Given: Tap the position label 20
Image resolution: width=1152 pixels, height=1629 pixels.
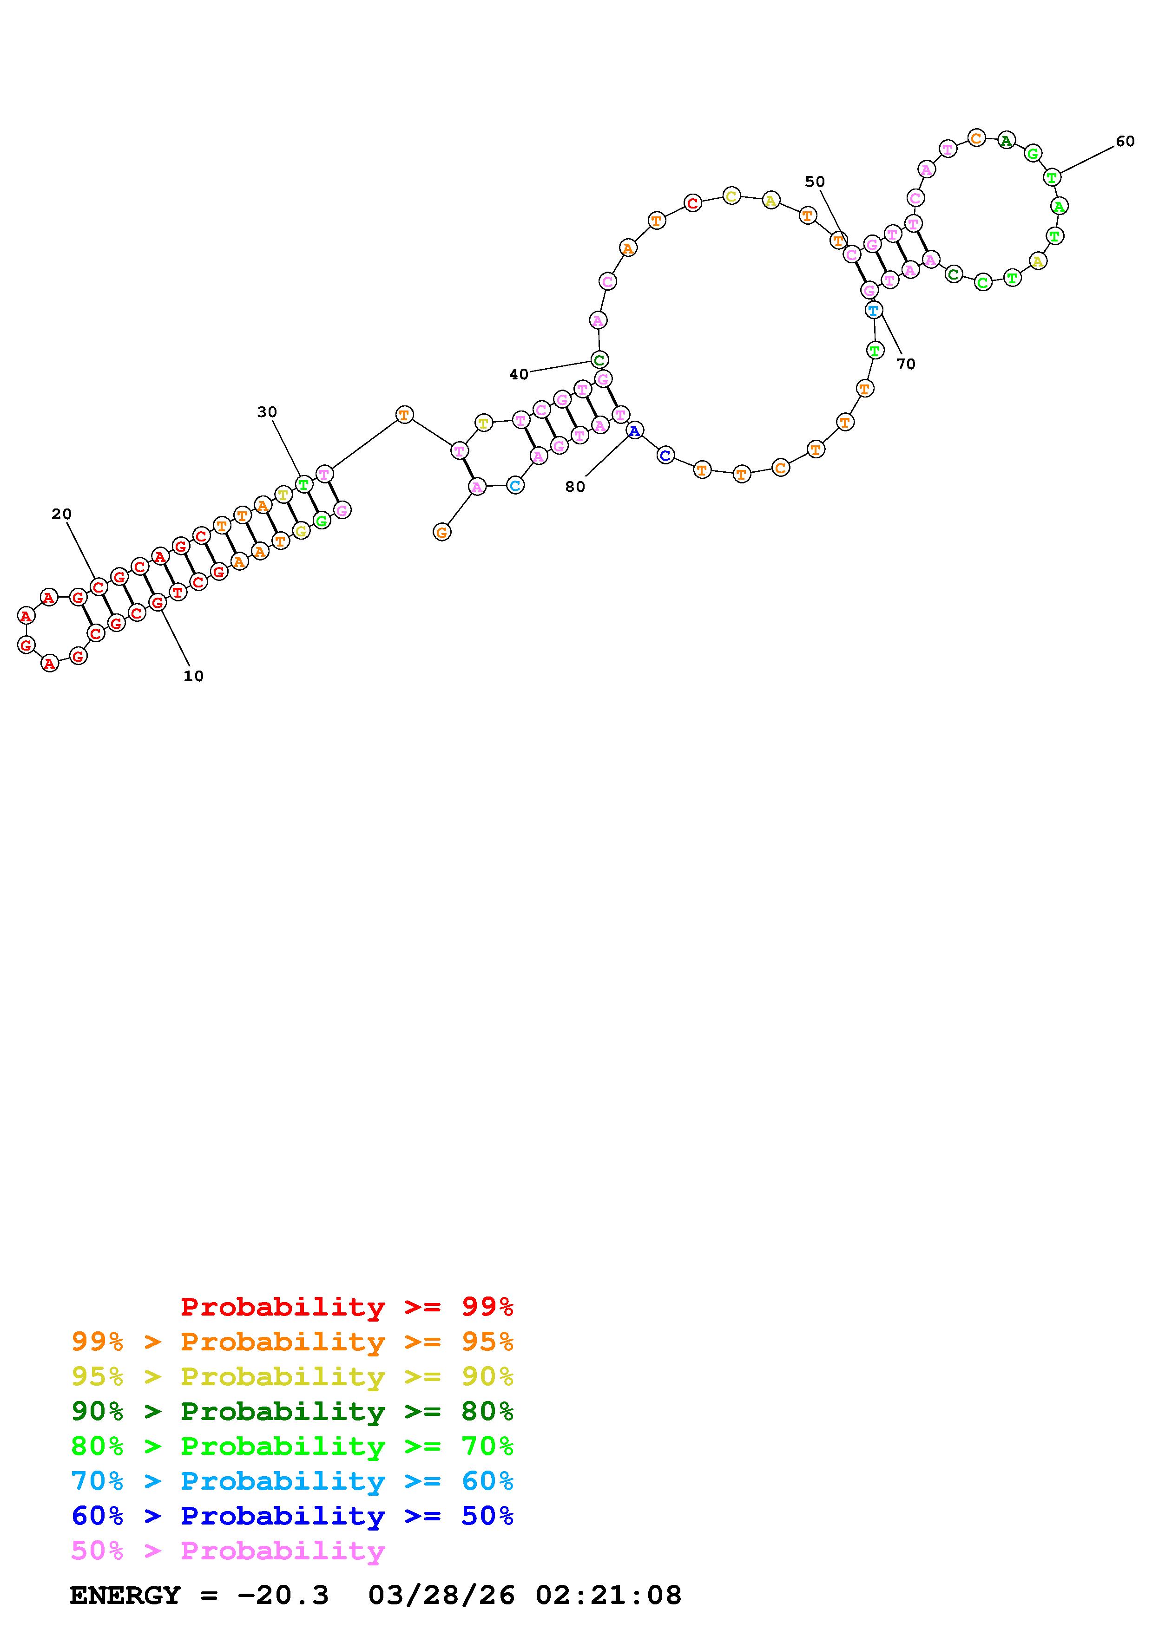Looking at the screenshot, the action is tap(62, 515).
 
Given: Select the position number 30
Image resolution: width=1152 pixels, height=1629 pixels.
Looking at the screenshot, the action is tap(267, 412).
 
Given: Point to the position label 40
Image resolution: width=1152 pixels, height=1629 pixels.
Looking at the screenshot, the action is tap(519, 375).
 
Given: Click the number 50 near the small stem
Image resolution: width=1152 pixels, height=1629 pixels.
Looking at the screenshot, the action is tap(815, 182).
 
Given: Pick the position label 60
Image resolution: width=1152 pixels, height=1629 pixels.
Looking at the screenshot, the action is tap(1125, 141).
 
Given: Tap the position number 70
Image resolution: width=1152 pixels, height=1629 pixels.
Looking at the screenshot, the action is tap(906, 364).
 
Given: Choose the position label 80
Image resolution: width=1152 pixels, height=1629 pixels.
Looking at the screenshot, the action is tap(575, 487).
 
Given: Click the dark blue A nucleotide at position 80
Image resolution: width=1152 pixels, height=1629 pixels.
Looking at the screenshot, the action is tap(635, 430).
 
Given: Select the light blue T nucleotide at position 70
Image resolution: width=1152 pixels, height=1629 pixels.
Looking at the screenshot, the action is tap(873, 310).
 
